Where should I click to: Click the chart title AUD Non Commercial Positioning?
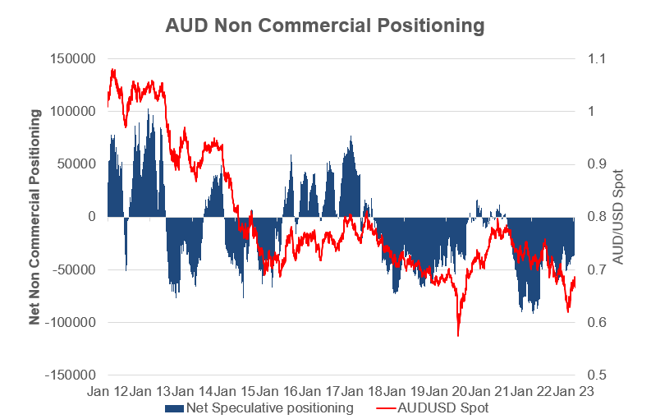[325, 26]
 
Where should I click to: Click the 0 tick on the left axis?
[93, 217]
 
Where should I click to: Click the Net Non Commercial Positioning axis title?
[35, 216]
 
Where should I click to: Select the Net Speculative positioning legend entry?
[270, 407]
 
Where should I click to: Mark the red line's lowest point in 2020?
[458, 335]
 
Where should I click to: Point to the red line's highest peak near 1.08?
[113, 70]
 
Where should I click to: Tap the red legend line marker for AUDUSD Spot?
[388, 407]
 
